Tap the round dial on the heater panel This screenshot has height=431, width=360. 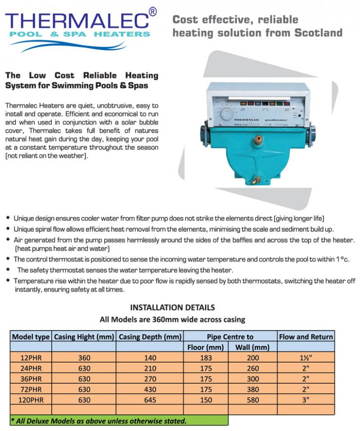coord(228,114)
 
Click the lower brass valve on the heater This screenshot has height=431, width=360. coord(256,181)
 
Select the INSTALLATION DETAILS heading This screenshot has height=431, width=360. coord(172,308)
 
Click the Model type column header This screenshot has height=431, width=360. coord(31,337)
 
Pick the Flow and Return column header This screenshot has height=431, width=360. coord(306,337)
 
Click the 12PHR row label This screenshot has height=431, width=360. coord(31,358)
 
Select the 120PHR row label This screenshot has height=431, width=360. coord(31,400)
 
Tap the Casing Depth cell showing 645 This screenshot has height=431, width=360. coord(150,400)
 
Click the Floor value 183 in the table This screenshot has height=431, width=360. coord(206,358)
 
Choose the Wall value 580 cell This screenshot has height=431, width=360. coord(252,400)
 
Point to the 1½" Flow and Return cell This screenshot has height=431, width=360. coord(306,358)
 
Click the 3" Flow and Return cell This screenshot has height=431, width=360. coord(306,400)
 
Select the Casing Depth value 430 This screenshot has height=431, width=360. coord(150,389)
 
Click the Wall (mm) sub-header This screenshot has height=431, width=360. coord(252,347)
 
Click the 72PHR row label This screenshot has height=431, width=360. coord(31,389)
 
